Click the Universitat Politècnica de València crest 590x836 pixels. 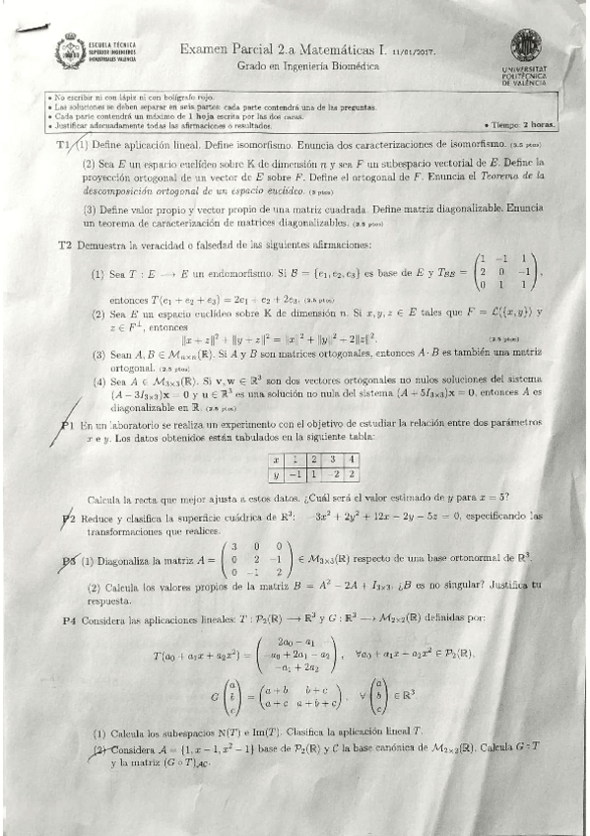(525, 45)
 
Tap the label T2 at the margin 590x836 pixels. (65, 244)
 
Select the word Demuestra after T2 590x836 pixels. (107, 244)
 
